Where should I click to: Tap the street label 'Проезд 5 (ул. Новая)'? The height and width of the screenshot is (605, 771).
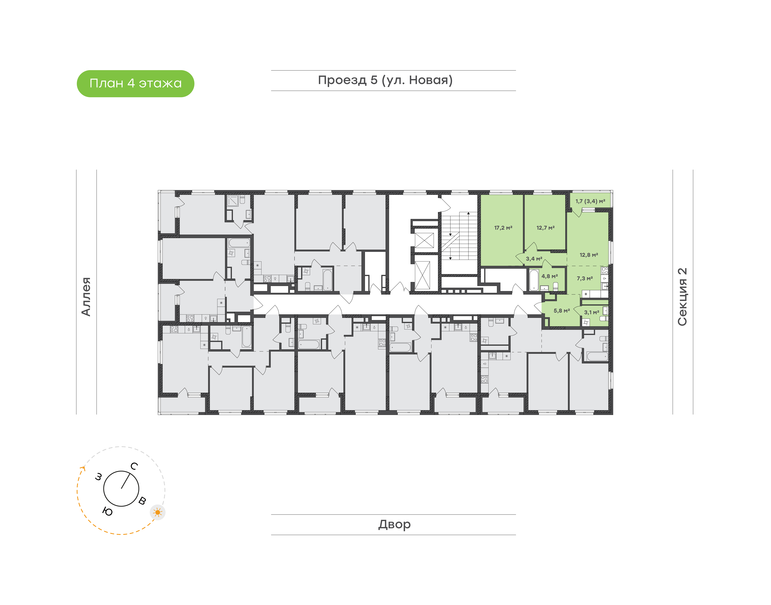point(385,80)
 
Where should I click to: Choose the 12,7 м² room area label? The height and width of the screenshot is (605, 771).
point(545,228)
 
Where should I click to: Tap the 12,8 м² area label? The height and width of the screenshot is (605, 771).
point(589,255)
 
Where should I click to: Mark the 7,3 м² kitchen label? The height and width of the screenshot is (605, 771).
point(585,278)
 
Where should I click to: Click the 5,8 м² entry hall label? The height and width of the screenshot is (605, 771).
point(562,311)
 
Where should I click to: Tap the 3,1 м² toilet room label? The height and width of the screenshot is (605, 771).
point(591,312)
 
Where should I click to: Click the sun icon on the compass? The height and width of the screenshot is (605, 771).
point(158,512)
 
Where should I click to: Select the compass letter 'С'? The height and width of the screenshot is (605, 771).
point(134,466)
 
